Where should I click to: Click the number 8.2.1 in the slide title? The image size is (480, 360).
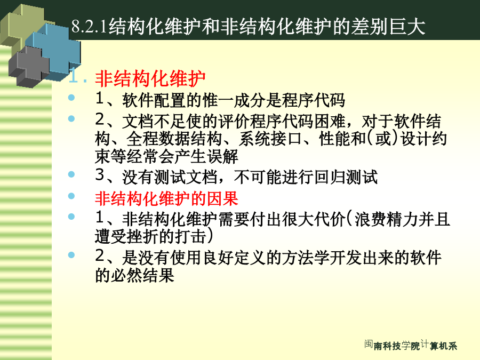(89, 26)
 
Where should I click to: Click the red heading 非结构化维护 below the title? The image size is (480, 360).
(150, 79)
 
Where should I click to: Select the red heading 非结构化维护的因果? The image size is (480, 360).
(166, 199)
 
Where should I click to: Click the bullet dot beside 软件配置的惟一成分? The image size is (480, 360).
(71, 98)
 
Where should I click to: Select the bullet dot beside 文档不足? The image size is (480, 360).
(71, 118)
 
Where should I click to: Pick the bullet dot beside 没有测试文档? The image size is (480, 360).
(71, 174)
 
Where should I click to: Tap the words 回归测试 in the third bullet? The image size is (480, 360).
(346, 177)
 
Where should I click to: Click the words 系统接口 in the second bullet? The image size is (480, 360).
(270, 139)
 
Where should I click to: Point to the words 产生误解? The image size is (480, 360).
(206, 156)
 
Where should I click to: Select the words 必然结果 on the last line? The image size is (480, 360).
(142, 275)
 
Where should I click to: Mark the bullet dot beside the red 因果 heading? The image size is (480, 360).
(71, 196)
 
